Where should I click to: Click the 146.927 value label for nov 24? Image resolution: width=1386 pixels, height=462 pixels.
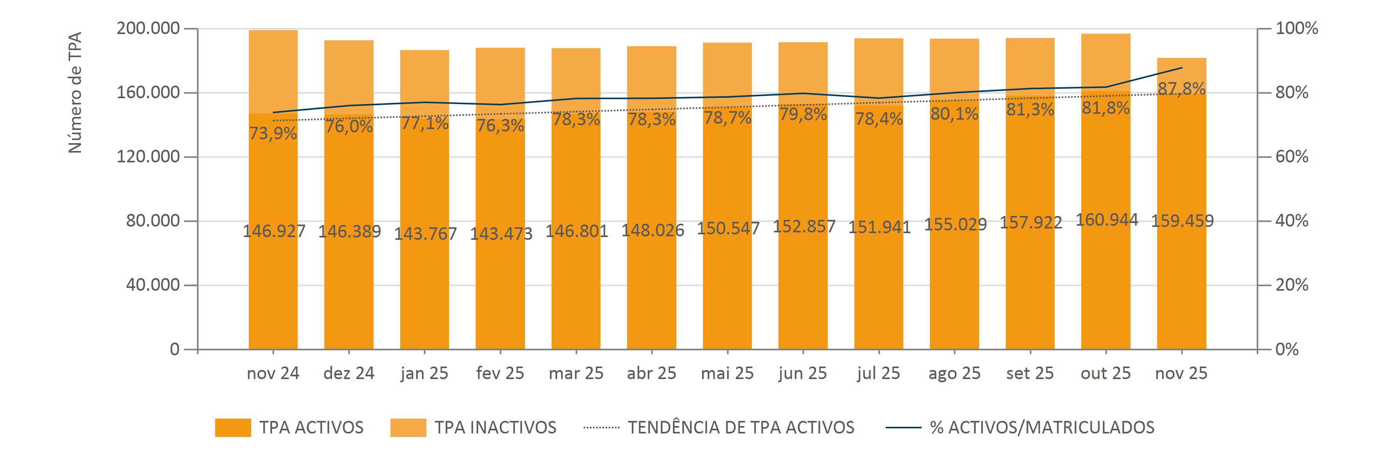coord(274,231)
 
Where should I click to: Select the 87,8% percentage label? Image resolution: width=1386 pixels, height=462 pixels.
coord(1181,89)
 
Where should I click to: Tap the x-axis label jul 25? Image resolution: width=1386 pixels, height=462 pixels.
coord(879,373)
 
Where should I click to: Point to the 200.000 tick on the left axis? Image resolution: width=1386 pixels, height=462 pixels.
coord(148,29)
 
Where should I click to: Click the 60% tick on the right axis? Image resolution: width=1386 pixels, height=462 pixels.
coord(1292,156)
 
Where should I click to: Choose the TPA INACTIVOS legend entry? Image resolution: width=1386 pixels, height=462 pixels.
coord(495,428)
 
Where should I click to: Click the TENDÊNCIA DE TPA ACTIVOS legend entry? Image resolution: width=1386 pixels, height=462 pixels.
coord(741,428)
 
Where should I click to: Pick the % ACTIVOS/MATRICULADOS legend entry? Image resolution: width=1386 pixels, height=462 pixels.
coord(1042,428)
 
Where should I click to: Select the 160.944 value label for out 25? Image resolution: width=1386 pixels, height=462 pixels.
coord(1107,220)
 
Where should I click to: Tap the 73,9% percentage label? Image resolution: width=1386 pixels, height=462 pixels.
coord(273,133)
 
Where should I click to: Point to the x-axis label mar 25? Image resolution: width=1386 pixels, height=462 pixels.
coord(576,373)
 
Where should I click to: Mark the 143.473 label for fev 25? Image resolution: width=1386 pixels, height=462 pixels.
coord(501,234)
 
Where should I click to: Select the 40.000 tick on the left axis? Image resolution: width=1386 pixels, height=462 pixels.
coord(153,285)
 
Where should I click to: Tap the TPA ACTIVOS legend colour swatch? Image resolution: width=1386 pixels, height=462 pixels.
coord(233,428)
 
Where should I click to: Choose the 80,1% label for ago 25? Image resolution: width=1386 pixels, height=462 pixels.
coord(955,114)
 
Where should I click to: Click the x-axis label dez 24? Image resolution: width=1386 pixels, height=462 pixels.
coord(349,373)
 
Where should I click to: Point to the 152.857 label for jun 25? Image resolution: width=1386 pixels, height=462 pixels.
coord(804,227)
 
